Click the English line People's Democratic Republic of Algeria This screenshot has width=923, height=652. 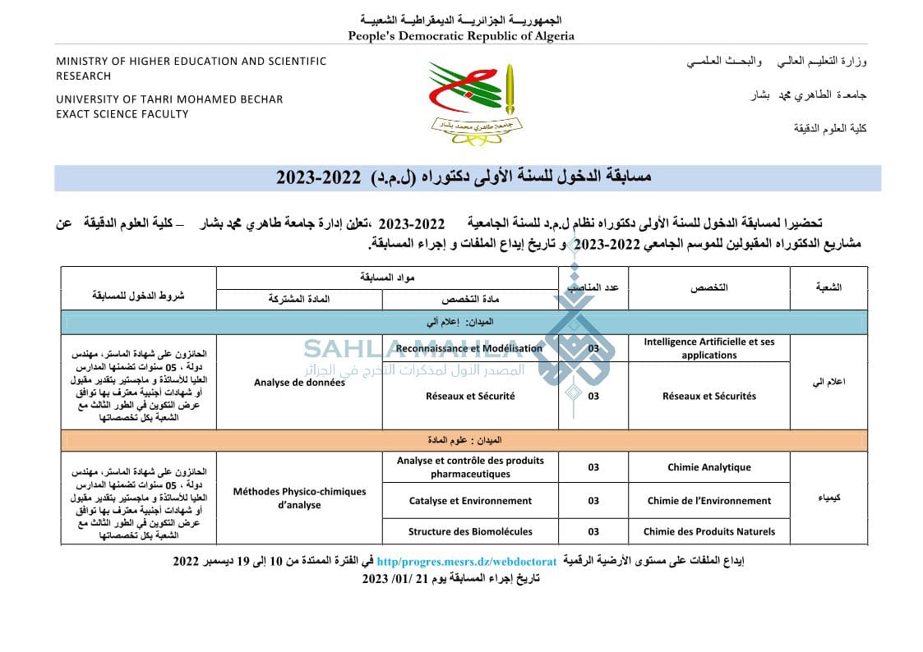461,35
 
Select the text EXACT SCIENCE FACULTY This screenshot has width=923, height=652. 122,114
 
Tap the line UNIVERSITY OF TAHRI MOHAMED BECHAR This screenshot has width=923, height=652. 169,99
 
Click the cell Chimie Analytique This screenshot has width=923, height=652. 708,467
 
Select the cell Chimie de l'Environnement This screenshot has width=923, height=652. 708,500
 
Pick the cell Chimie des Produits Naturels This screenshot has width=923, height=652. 708,531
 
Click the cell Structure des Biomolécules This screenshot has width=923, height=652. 470,531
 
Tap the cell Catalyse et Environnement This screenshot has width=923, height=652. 470,500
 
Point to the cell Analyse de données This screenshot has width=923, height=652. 299,383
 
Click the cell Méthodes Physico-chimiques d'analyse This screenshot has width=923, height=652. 299,498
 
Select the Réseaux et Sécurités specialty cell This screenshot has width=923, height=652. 708,396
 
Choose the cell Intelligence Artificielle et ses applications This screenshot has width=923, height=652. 708,348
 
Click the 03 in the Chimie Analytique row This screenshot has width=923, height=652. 593,467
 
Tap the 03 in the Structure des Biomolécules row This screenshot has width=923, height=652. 593,531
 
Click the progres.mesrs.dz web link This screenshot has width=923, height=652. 466,562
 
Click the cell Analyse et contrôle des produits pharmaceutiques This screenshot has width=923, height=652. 470,467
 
